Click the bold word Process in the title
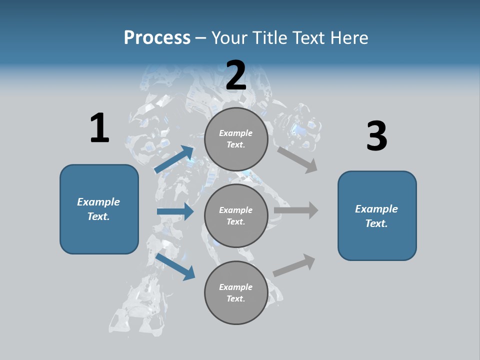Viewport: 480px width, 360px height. pyautogui.click(x=157, y=38)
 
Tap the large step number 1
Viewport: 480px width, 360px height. pyautogui.click(x=99, y=128)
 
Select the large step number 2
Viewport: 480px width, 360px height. pyautogui.click(x=236, y=75)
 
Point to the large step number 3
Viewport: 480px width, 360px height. pyautogui.click(x=376, y=136)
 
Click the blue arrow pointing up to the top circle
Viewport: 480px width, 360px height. pyautogui.click(x=174, y=159)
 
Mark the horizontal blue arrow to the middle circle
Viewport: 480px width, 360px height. pyautogui.click(x=175, y=211)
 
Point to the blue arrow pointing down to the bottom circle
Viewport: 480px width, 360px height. pyautogui.click(x=175, y=266)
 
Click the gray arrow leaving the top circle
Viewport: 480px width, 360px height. pyautogui.click(x=297, y=159)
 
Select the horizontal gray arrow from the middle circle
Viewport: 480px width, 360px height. pyautogui.click(x=296, y=210)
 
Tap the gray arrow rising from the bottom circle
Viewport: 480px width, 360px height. pyautogui.click(x=294, y=265)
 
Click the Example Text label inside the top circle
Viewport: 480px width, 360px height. pyautogui.click(x=236, y=139)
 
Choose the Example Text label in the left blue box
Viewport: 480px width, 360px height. pyautogui.click(x=98, y=209)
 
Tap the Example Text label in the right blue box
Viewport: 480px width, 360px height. pyautogui.click(x=376, y=216)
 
